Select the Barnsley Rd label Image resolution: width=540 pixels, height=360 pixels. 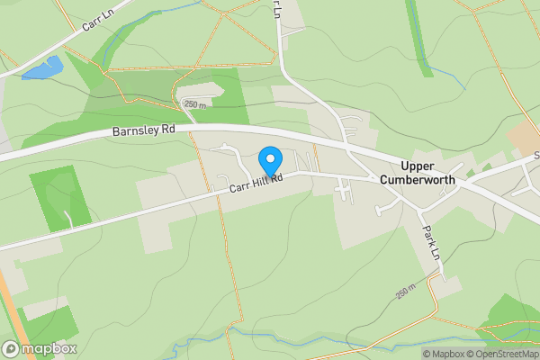(x=143, y=130)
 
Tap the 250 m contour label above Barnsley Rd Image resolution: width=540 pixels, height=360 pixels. (x=195, y=104)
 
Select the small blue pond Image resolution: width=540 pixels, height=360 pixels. (x=44, y=68)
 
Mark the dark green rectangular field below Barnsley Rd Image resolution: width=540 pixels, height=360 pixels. (x=60, y=194)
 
